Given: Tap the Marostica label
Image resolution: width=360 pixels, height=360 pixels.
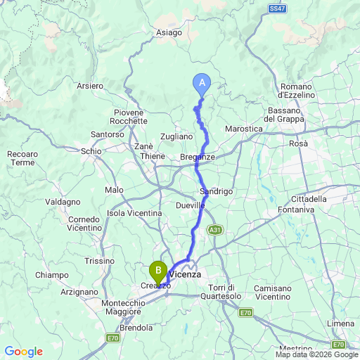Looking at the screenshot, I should (243, 129).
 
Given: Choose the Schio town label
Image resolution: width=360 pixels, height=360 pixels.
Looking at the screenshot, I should (91, 151).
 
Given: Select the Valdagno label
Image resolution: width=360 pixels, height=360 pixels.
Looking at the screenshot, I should (62, 202).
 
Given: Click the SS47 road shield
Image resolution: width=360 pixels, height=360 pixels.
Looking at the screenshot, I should (277, 8).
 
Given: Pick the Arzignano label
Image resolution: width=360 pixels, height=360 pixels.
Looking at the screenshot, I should (79, 291).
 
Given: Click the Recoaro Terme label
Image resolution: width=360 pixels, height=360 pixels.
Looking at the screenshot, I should (21, 157).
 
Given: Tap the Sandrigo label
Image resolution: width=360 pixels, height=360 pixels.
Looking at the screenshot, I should (216, 191).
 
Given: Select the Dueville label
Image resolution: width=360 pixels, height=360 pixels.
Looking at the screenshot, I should (191, 205).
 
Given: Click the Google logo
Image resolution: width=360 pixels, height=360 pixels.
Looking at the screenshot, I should (23, 352).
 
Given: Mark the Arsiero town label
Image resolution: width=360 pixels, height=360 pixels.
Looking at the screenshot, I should (90, 86).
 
